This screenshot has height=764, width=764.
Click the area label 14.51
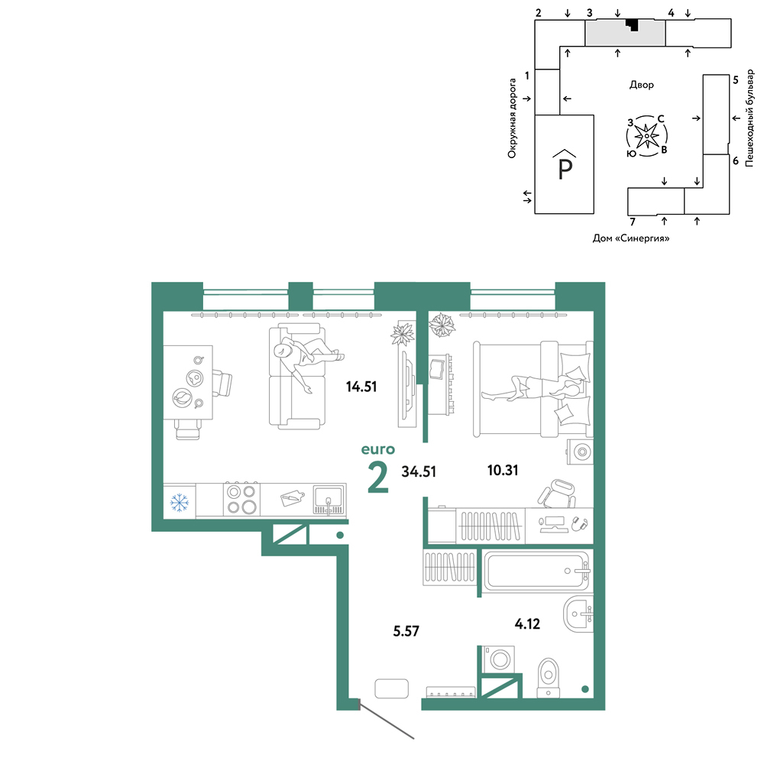[361, 387]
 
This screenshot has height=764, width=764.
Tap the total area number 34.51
[419, 471]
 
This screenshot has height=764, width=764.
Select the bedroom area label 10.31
[503, 470]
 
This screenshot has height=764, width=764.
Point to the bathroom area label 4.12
[527, 623]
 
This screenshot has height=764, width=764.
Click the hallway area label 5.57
[406, 631]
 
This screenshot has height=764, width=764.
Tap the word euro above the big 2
[378, 449]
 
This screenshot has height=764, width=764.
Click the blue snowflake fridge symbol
[180, 503]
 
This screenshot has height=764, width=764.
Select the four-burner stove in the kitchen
[241, 499]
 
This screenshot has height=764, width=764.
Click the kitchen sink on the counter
[329, 499]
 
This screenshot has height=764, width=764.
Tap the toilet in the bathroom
[549, 678]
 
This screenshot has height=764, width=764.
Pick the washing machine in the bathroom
[498, 659]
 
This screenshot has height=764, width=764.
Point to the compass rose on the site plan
[646, 136]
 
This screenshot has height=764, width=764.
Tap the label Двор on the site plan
[641, 85]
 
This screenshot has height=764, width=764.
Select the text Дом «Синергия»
[631, 238]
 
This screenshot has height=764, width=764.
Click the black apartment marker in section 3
[633, 24]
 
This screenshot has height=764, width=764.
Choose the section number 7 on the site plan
[633, 222]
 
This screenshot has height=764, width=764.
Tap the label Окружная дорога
[512, 118]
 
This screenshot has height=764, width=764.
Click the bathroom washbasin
[578, 614]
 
